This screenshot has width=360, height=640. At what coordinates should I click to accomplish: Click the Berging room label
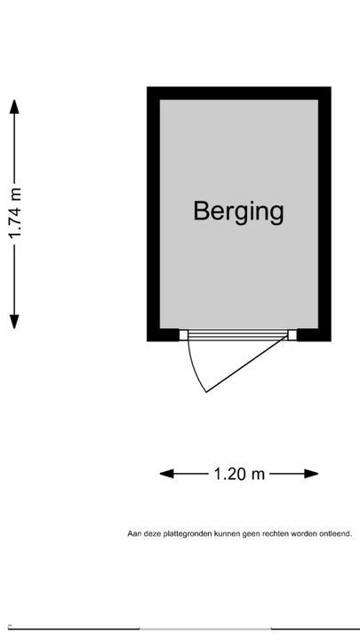pos(238,212)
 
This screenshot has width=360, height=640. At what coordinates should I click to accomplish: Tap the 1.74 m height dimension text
pos(15,214)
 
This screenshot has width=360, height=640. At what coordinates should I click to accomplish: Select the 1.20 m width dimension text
pos(239,474)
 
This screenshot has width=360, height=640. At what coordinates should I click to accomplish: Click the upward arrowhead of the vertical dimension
pos(14,107)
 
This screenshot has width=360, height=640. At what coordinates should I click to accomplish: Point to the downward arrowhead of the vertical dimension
pos(14,322)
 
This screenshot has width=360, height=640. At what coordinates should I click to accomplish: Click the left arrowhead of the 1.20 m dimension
pos(167,474)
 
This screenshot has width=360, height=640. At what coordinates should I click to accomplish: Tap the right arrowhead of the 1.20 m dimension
pos(311,474)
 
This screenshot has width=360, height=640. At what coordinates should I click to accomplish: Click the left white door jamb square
pos(184,335)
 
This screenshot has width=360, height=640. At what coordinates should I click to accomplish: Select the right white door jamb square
pos(292,335)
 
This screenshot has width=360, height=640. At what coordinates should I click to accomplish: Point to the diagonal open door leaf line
pos(247,364)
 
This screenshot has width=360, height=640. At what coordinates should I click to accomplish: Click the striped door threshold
pos(238,335)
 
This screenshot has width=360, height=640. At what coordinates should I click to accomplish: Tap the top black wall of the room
pos(239,93)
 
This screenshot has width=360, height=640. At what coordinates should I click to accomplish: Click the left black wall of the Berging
pos(154,214)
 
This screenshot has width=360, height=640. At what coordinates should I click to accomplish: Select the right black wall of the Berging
pos(324,214)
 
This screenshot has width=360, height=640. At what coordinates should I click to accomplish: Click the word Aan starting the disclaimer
pos(133,533)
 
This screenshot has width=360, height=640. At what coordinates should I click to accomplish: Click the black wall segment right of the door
pos(314,335)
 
